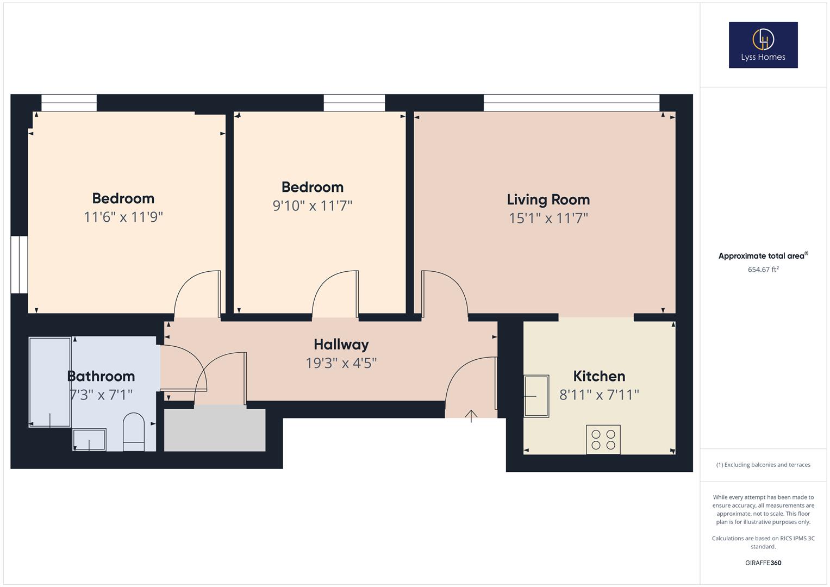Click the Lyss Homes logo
(x=763, y=45)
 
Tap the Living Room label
(x=548, y=199)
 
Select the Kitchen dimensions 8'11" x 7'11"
(x=599, y=395)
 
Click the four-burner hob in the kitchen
(x=603, y=439)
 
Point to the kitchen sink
(x=536, y=396)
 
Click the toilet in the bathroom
(x=134, y=432)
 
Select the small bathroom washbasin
(x=89, y=439)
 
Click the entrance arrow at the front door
(x=471, y=416)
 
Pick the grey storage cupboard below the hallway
(x=215, y=429)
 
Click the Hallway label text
(x=341, y=345)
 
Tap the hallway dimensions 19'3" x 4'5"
(x=341, y=363)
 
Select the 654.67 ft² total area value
(x=763, y=270)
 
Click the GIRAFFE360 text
(x=763, y=563)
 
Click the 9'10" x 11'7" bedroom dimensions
(x=312, y=206)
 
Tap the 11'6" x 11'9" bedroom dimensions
(x=123, y=217)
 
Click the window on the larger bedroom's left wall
(x=19, y=265)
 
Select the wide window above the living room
(x=571, y=103)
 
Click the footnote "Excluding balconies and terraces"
(x=763, y=465)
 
